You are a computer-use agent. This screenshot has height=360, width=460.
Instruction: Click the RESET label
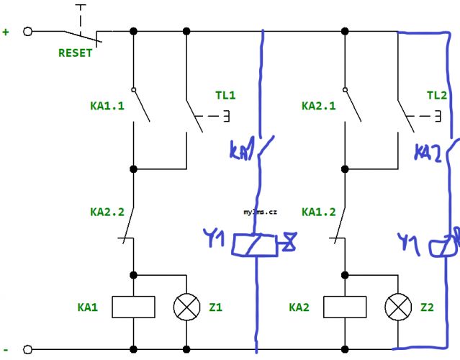tap(76, 53)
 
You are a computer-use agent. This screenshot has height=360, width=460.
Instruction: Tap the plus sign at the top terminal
tap(6, 32)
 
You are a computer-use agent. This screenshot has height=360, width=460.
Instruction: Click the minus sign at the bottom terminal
tap(6, 350)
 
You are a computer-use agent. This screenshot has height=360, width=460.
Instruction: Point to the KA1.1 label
tap(107, 106)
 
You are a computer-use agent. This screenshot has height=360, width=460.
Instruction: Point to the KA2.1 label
tap(319, 106)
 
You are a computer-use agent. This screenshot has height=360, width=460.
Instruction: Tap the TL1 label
tap(225, 95)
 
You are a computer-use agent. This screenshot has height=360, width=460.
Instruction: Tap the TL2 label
tap(437, 95)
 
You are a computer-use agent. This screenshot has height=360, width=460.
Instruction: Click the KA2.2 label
tap(107, 212)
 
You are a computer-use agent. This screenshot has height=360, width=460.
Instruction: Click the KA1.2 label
tap(319, 212)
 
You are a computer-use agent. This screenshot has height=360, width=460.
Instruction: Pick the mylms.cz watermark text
tap(260, 212)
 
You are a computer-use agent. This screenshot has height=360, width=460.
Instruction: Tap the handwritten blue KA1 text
tap(241, 150)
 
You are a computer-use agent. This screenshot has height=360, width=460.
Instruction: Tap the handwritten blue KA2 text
tap(428, 153)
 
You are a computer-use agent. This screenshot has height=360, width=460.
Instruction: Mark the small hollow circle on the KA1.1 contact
tap(134, 90)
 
